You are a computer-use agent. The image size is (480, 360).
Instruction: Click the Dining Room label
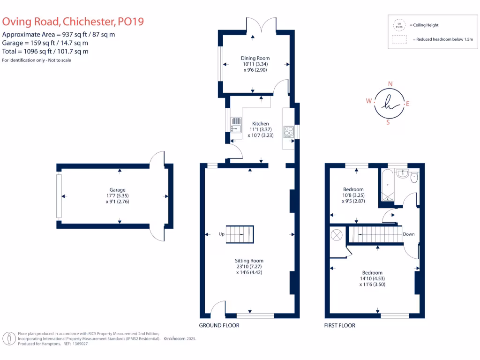point(255,58)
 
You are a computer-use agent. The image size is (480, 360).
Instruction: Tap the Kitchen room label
point(260,124)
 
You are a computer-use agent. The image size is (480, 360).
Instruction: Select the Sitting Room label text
point(249,261)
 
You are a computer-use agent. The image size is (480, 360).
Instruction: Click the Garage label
point(117,190)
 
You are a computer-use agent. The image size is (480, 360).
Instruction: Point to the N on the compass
point(390,84)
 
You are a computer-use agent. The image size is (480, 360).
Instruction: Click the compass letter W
point(369,101)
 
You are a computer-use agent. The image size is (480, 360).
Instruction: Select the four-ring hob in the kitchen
point(289,132)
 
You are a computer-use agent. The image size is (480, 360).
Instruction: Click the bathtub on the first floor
point(388,185)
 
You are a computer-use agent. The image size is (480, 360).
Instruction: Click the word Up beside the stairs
point(221,234)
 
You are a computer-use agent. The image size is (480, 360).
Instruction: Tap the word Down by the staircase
point(408,234)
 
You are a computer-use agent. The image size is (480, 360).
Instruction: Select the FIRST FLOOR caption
point(340,325)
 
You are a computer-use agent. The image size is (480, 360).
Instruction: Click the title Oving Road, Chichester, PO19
point(73,22)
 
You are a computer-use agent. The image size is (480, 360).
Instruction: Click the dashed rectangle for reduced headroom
point(399,40)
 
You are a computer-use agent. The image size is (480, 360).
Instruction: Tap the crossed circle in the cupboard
point(337,235)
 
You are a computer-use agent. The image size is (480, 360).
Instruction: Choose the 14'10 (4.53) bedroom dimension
point(372,278)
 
